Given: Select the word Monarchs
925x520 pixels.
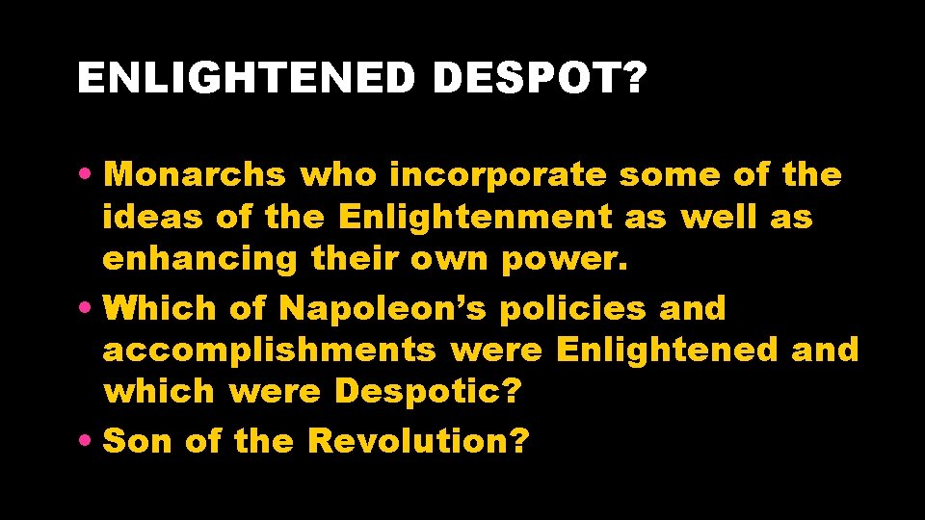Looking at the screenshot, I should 195,175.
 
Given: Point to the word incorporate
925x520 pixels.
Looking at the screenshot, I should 497,175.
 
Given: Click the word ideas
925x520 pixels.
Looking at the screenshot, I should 153,218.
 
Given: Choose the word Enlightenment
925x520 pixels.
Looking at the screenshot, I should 475,218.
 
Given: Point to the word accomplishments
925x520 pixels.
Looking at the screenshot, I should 269,350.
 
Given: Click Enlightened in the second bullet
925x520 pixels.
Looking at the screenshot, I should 667,350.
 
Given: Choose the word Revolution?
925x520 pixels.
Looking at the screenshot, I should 418,441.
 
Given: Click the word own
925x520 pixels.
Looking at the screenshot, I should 450,260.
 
